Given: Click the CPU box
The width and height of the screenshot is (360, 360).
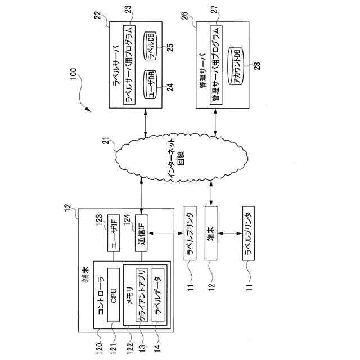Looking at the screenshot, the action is tap(114, 295).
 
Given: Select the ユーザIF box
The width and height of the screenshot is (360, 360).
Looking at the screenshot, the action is tap(114, 233).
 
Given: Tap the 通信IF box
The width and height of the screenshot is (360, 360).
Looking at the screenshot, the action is tap(141, 233).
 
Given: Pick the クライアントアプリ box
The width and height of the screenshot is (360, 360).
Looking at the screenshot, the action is tap(142, 295).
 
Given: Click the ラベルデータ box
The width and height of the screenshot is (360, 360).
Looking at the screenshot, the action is tap(158, 295).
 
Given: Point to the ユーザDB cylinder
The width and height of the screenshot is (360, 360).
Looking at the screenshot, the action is tap(150, 85).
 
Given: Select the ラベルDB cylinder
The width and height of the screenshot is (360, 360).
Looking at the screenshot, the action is tap(150, 46).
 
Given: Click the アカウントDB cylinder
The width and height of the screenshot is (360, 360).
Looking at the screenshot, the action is tap(235, 66).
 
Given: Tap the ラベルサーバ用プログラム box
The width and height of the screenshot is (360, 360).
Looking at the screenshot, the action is tap(129, 65).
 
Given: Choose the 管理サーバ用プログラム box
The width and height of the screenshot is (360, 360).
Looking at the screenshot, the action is tap(216, 65).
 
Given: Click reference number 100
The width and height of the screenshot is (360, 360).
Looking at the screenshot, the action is tap(73, 74).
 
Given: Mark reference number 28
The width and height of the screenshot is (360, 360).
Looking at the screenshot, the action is tap(258, 66).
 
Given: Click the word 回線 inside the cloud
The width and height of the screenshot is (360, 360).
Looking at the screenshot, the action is tap(181, 159).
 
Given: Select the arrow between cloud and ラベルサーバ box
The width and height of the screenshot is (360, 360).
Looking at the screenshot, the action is tap(145, 123).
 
